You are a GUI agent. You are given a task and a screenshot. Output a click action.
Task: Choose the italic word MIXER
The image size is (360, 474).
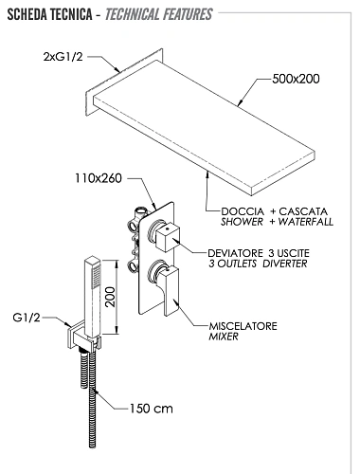[x=223, y=337]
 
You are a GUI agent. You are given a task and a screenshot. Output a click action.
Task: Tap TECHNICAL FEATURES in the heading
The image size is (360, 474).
[x=159, y=14]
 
